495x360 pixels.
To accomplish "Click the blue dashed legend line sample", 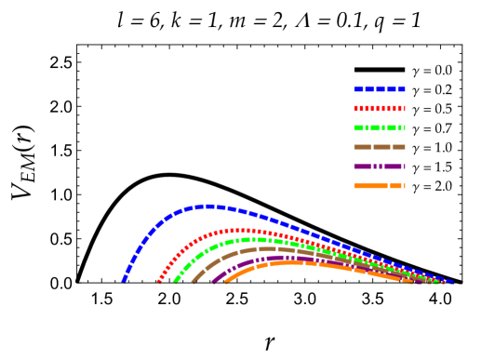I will pos(379,89).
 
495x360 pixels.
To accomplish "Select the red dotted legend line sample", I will pos(379,109).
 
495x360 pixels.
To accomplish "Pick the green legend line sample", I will pos(379,128).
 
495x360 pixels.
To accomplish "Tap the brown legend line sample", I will pos(379,147).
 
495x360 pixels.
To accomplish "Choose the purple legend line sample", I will pos(379,167).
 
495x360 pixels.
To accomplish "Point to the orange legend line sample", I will pos(379,186).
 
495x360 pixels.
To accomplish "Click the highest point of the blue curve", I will pos(210,207).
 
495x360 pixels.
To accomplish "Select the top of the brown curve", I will pos(270,248).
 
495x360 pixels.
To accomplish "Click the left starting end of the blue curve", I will pos(124,279).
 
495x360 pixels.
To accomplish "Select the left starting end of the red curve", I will pos(159,280).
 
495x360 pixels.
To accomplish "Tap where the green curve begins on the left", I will pos(174,280).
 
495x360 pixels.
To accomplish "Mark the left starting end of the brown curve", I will pos(194,280).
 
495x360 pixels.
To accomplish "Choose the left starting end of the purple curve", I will pos(213,280).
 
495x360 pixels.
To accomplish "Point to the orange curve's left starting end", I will pos(226,280).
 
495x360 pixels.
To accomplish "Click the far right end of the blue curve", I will pos(451,281).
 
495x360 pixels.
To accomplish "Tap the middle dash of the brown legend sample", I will pos(381,147).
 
